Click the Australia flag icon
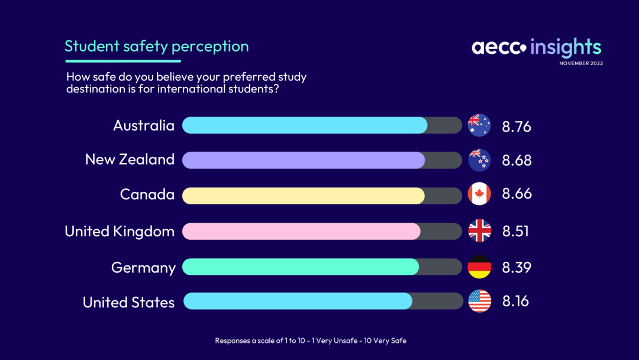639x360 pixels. tap(479, 125)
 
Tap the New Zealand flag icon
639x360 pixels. tap(479, 160)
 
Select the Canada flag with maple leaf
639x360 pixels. tap(479, 194)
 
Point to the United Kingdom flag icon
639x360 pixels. tap(479, 230)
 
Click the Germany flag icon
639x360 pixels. tap(479, 267)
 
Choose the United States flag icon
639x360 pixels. tap(480, 301)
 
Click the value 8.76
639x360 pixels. tap(517, 127)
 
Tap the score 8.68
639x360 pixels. tap(517, 160)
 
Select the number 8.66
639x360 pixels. tap(517, 194)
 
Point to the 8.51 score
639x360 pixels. tap(515, 231)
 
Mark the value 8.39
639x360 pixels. tap(517, 268)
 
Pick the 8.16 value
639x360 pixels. tap(515, 301)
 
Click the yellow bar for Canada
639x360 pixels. tap(303, 196)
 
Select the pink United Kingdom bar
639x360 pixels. tap(301, 231)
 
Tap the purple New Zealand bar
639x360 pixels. tap(304, 160)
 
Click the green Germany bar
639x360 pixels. tap(301, 267)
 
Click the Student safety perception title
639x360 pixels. tap(156, 46)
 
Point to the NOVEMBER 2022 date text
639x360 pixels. tap(581, 63)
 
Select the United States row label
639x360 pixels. tap(128, 303)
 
